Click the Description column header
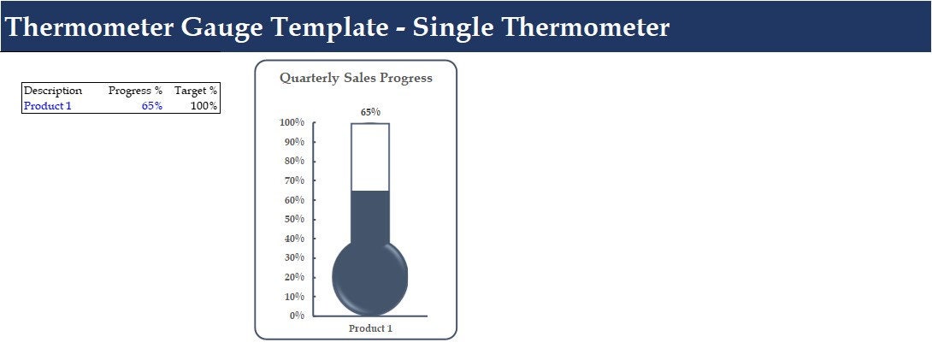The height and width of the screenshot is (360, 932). (x=53, y=91)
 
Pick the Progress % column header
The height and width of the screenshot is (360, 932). (x=135, y=91)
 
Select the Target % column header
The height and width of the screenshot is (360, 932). (x=196, y=91)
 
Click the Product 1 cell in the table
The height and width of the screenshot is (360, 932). (x=48, y=106)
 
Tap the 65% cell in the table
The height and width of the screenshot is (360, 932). (x=152, y=106)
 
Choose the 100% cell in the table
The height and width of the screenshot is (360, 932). (x=204, y=106)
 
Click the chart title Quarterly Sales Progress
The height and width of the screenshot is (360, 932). (x=356, y=78)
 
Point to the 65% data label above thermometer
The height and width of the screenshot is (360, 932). (x=370, y=112)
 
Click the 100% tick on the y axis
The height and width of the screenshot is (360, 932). (x=292, y=122)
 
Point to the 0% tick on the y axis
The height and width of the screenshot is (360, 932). (x=297, y=316)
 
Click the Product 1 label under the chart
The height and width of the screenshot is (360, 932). (x=370, y=328)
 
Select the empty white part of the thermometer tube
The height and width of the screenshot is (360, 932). (x=370, y=156)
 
